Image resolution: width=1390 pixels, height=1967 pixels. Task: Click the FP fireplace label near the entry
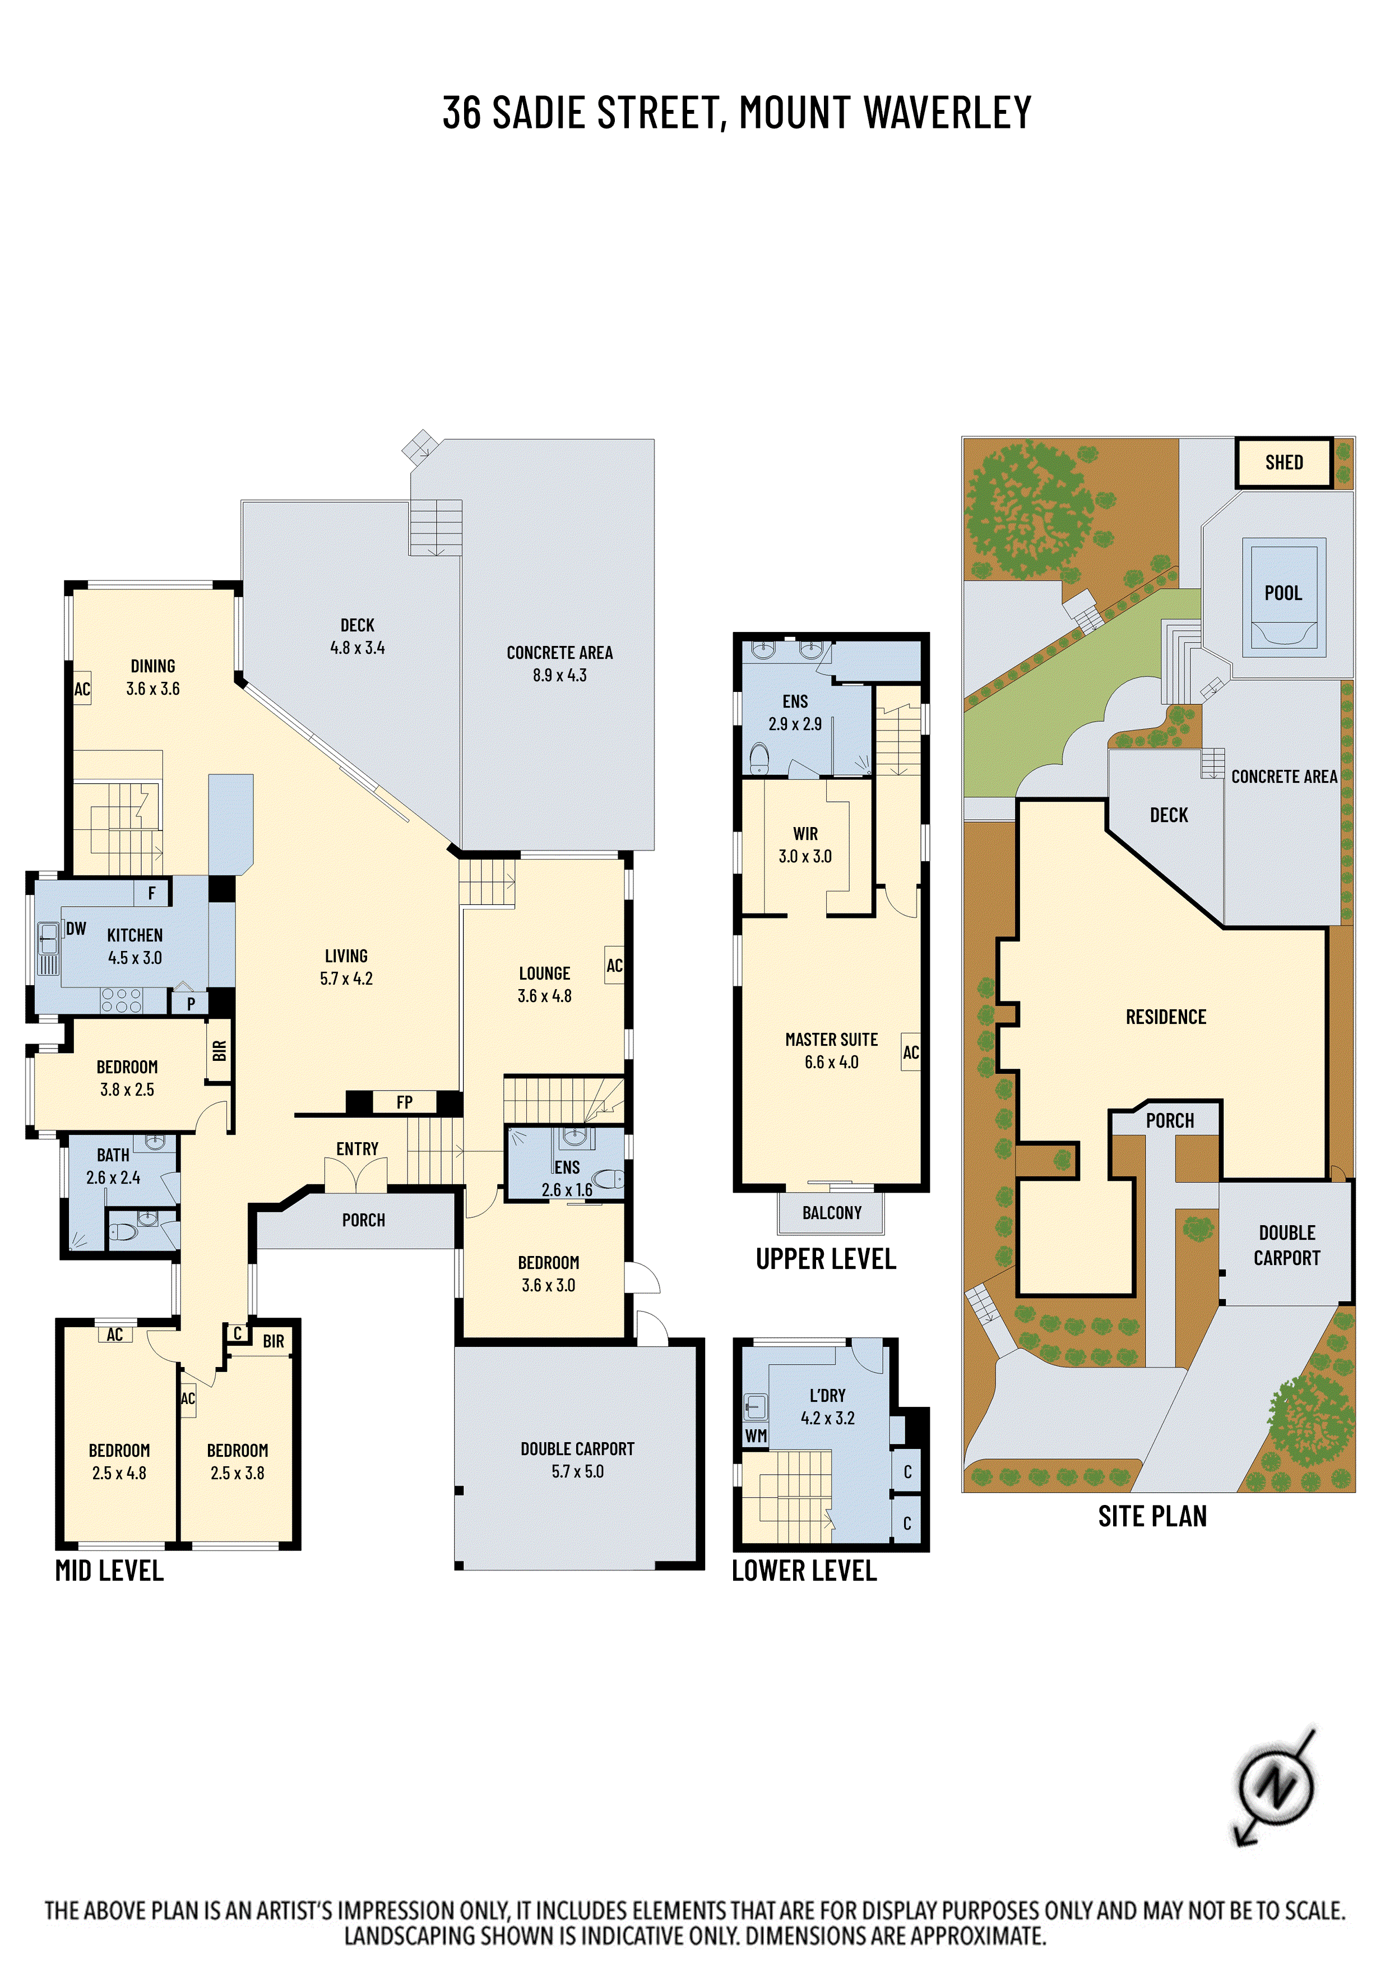click(404, 1102)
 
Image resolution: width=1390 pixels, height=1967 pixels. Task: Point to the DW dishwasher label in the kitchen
click(76, 929)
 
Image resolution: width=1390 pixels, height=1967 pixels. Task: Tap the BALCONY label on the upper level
click(831, 1213)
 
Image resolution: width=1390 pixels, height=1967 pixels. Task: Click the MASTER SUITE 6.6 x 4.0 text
click(831, 1050)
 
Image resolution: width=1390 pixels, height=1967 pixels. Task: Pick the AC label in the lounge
click(614, 966)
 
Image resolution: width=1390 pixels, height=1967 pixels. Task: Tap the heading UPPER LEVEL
click(826, 1259)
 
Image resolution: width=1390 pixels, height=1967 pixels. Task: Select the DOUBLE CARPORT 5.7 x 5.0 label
click(577, 1460)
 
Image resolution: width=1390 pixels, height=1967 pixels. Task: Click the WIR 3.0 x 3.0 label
click(804, 844)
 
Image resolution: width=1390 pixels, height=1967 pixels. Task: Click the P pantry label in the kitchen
click(190, 1003)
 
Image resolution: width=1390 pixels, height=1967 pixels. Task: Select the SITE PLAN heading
click(1152, 1516)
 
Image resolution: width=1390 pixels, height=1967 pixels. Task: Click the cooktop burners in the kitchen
click(122, 1000)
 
